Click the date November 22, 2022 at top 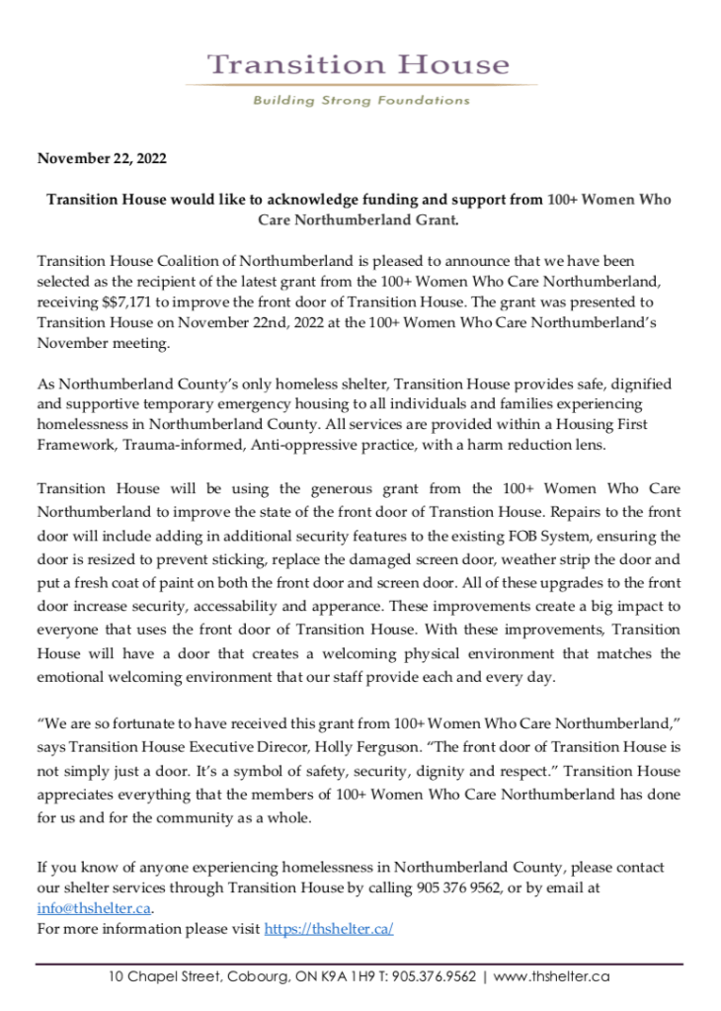102,158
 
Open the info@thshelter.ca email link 95,908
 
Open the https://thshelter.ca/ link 329,929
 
